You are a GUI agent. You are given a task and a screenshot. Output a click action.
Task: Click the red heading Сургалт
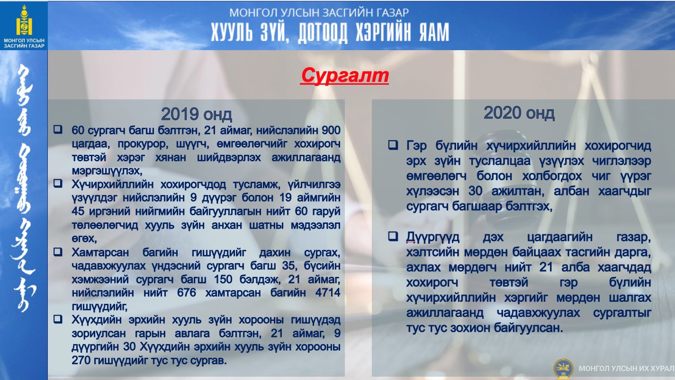pyautogui.click(x=345, y=76)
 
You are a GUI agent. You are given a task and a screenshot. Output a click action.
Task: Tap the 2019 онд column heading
pyautogui.click(x=197, y=115)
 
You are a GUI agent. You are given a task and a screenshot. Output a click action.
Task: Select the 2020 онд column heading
pyautogui.click(x=519, y=113)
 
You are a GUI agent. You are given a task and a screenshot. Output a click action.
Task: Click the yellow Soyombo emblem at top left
pyautogui.click(x=24, y=20)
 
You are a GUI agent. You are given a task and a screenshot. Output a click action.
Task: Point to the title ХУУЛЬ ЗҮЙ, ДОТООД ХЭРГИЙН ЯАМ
pyautogui.click(x=330, y=32)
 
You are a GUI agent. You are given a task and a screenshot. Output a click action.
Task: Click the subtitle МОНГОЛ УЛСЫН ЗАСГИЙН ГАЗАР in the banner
pyautogui.click(x=319, y=13)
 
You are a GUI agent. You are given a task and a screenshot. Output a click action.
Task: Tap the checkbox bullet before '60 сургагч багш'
pyautogui.click(x=58, y=130)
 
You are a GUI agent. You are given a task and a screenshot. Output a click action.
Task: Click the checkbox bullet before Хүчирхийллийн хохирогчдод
pyautogui.click(x=58, y=184)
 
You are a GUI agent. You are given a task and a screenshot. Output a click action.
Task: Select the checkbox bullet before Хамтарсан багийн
pyautogui.click(x=58, y=252)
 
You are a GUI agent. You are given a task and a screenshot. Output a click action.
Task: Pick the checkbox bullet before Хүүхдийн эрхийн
pyautogui.click(x=58, y=319)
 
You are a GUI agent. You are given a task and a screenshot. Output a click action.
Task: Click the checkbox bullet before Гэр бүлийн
pyautogui.click(x=393, y=145)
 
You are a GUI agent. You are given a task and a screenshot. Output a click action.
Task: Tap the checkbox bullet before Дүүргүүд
pyautogui.click(x=393, y=236)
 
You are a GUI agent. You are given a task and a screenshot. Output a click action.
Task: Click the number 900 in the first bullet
pyautogui.click(x=331, y=131)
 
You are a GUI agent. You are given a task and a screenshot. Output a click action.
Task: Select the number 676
pyautogui.click(x=187, y=292)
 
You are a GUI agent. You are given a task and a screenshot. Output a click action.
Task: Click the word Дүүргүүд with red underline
pyautogui.click(x=432, y=237)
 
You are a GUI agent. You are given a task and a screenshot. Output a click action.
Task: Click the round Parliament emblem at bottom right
pyautogui.click(x=563, y=369)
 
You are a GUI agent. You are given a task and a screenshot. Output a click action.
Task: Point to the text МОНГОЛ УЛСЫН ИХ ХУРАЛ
pyautogui.click(x=627, y=369)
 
